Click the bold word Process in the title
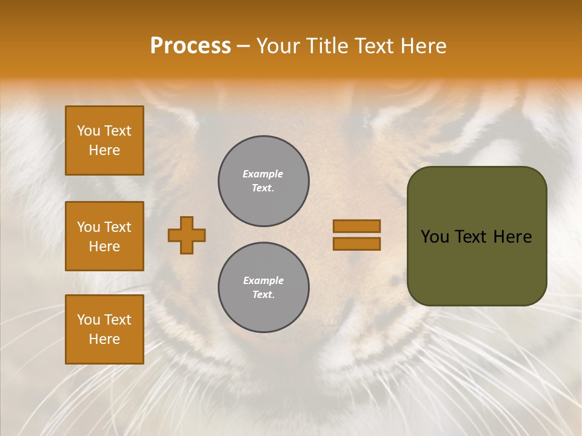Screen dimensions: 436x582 coord(190,46)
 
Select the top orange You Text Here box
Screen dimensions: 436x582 coord(104,140)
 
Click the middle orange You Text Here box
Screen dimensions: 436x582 coord(104,236)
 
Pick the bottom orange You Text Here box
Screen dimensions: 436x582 coord(104,329)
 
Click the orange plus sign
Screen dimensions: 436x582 coord(187,235)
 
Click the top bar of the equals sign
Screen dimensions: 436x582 coord(356,226)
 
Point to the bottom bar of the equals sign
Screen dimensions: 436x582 coord(356,244)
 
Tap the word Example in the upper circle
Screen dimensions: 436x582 coord(263,174)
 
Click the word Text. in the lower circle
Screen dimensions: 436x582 coord(263,295)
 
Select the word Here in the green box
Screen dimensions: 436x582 coord(512,237)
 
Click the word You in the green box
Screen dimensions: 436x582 coord(435,237)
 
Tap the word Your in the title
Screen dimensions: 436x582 coord(278,46)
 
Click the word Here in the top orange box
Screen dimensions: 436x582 coord(104,150)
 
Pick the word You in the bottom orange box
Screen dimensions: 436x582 coord(88,320)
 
